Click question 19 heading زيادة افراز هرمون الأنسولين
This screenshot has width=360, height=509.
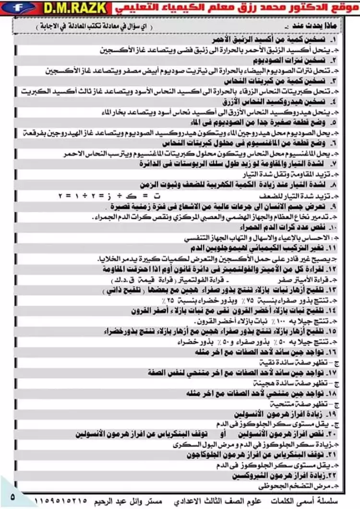278,414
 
